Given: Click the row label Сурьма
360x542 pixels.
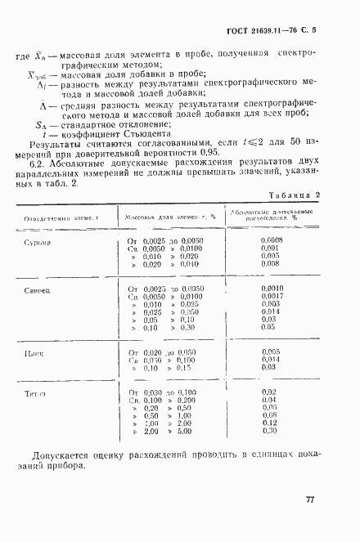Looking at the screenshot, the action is tap(38, 242).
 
